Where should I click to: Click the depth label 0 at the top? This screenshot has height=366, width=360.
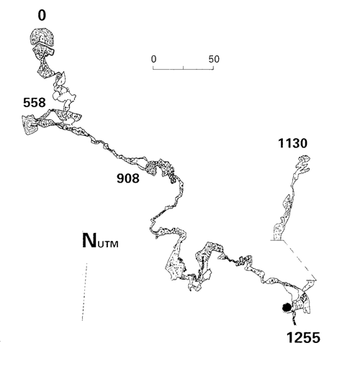tap(42, 16)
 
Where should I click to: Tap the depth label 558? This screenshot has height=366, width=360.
tap(35, 103)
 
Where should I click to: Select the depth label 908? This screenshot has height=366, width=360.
tap(128, 178)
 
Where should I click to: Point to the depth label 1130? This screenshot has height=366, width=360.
tap(292, 143)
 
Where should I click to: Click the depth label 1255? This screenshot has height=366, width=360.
tap(303, 338)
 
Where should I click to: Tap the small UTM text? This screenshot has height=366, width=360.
tap(109, 244)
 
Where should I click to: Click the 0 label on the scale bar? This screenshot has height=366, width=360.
tap(154, 59)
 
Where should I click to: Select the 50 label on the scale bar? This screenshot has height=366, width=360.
tap(214, 59)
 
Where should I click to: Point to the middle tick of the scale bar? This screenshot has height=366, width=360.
tap(184, 68)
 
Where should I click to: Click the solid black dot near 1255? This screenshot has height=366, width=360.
tap(287, 307)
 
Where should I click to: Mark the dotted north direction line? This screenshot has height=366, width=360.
tap(84, 292)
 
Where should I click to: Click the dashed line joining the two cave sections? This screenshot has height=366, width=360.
tap(300, 260)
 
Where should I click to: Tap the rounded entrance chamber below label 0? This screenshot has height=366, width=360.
tap(42, 37)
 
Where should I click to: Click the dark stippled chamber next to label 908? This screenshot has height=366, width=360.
tap(152, 168)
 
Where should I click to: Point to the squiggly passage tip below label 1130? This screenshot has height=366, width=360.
tap(303, 163)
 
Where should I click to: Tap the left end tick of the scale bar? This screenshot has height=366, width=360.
tap(153, 68)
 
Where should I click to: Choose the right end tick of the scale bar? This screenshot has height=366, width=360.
tap(213, 68)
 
